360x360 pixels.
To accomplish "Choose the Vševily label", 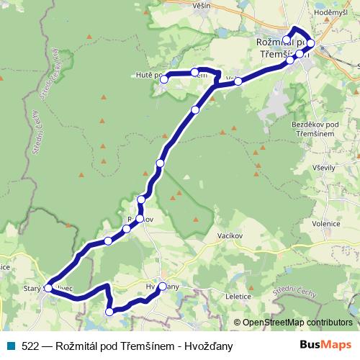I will point(321,167).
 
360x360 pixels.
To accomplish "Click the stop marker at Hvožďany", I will point(163,287).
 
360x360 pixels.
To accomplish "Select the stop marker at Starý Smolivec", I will point(49,287).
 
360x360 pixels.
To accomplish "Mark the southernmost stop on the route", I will point(109,312).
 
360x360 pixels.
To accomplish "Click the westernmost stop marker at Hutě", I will point(164,79).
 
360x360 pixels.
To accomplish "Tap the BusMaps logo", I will point(325,346).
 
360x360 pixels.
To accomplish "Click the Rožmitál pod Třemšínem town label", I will point(282,48).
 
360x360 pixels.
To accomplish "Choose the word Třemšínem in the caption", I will point(142,346).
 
